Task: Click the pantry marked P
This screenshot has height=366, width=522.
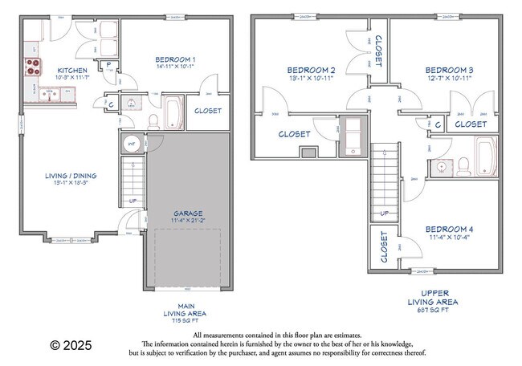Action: (x=108, y=64)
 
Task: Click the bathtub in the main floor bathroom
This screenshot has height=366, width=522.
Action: (x=173, y=112)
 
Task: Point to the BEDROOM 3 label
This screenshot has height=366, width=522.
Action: (x=448, y=71)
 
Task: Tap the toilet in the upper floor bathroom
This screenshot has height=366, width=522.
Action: (x=463, y=167)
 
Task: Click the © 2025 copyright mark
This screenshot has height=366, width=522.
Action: (x=71, y=345)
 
